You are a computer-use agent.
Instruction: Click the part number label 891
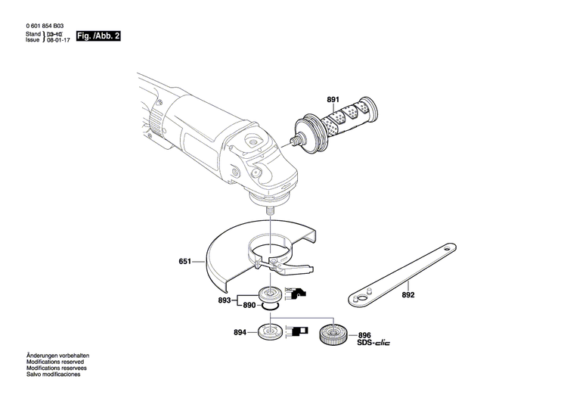[x=333, y=100]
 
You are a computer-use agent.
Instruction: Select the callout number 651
[x=184, y=263]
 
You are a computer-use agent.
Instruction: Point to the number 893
[x=224, y=300]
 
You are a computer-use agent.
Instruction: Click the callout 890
[x=249, y=305]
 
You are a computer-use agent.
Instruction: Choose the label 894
[x=240, y=332]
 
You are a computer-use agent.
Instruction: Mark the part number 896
[x=364, y=335]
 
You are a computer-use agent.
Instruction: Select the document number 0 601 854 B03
[x=50, y=26]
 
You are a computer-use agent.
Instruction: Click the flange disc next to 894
[x=269, y=331]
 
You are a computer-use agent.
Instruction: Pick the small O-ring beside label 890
[x=270, y=306]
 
